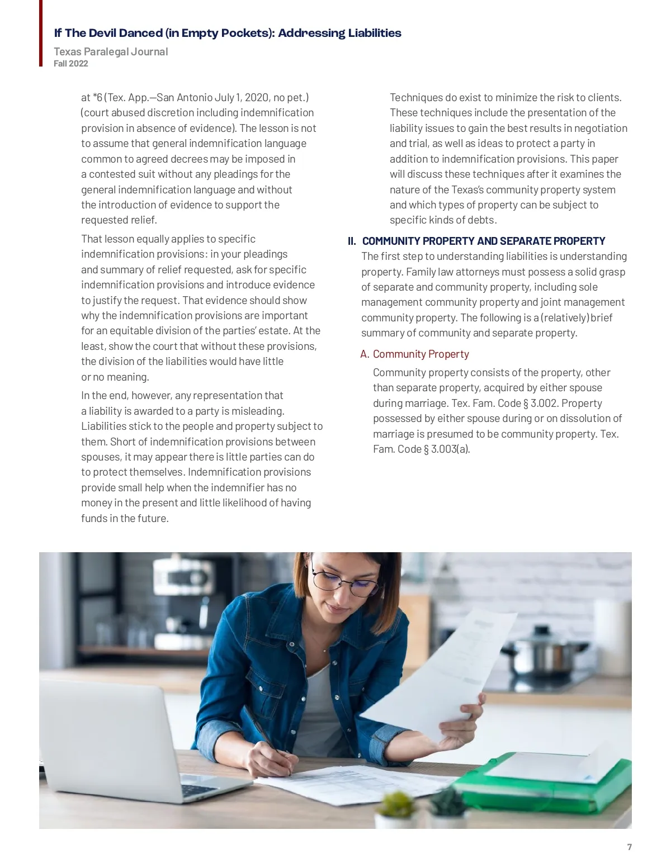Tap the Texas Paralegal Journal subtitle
click(111, 51)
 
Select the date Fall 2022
click(71, 64)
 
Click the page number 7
click(630, 847)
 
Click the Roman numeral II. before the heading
click(352, 241)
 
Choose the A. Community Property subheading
click(414, 354)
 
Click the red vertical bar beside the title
click(41, 34)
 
